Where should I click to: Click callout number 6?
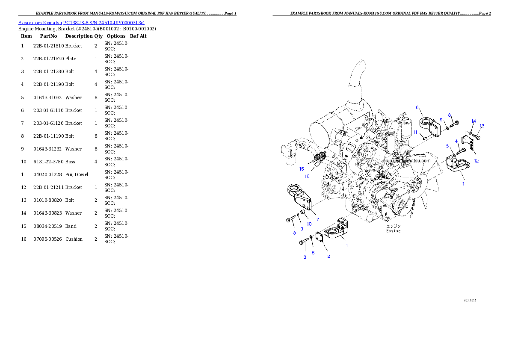417,108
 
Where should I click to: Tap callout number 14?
473,121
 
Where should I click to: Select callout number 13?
482,126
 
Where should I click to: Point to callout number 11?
414,133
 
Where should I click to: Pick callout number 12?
476,161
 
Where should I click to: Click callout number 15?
302,169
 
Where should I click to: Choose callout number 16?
307,176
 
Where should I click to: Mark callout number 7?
318,219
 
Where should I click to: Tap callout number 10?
309,224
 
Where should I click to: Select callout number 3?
305,257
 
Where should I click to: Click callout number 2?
328,257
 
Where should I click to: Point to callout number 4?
456,141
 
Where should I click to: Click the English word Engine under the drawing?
394,231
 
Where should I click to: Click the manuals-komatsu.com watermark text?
406,161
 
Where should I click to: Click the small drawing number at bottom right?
470,300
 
